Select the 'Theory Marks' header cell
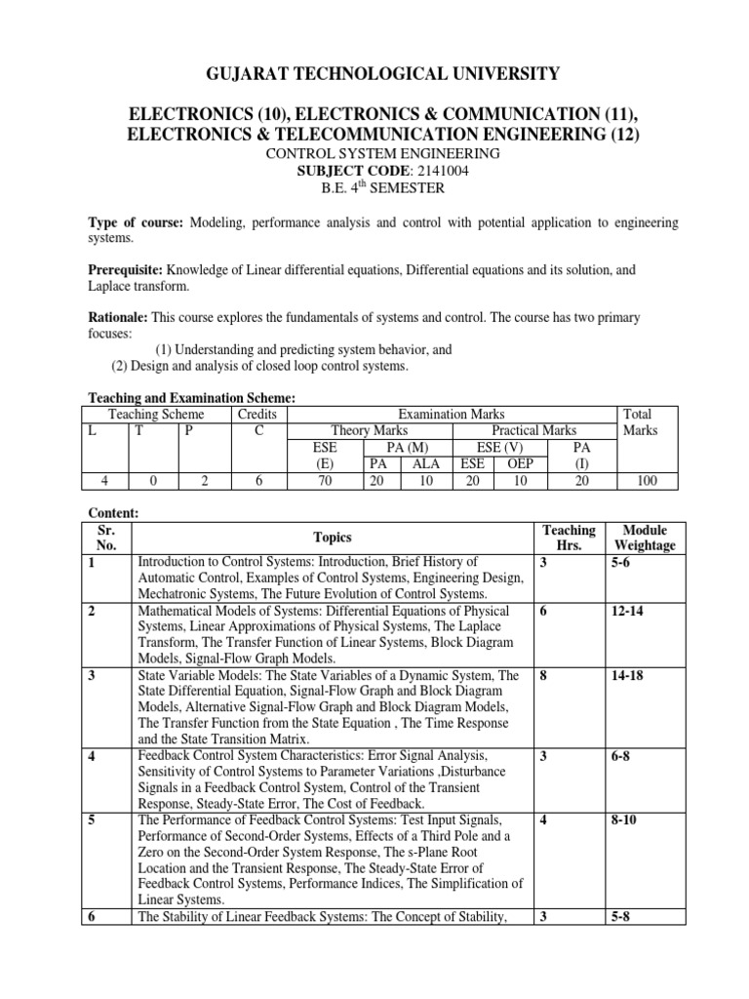tap(370, 430)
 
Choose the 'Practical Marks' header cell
tap(532, 430)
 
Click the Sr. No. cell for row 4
tap(93, 756)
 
